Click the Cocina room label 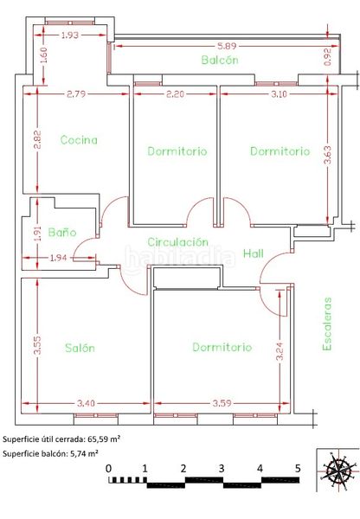pos(79,140)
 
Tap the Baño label pos(62,232)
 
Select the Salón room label pos(80,348)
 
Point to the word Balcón pos(220,60)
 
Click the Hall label pos(254,253)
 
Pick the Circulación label pos(178,242)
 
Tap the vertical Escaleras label pos(327,324)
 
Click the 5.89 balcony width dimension pos(228,46)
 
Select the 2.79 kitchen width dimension pos(76,94)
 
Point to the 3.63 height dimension pos(327,155)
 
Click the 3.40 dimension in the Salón pos(86,403)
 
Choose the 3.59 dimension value pos(222,403)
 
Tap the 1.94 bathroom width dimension pos(59,258)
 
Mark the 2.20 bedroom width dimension pos(175,94)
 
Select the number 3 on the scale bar pos(222,468)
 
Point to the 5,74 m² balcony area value pos(84,453)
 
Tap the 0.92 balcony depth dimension pos(328,57)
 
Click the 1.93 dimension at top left pos(70,35)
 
